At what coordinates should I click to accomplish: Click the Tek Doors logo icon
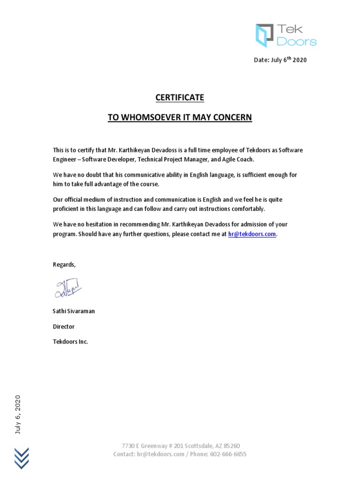click(264, 36)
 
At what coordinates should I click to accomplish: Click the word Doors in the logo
click(296, 42)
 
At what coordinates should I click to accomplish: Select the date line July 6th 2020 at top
click(280, 60)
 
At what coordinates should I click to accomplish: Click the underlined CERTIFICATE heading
click(180, 97)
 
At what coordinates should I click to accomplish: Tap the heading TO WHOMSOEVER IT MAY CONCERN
click(180, 117)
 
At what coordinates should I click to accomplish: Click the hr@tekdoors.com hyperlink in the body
click(252, 234)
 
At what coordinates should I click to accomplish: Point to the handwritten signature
click(67, 288)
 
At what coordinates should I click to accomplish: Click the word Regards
click(64, 264)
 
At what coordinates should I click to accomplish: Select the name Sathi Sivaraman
click(74, 311)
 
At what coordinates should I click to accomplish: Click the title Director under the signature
click(63, 326)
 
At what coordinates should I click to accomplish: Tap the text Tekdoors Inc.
click(70, 342)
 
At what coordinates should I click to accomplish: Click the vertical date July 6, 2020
click(18, 415)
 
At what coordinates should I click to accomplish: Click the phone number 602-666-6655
click(228, 454)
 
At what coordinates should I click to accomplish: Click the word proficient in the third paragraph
click(66, 209)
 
